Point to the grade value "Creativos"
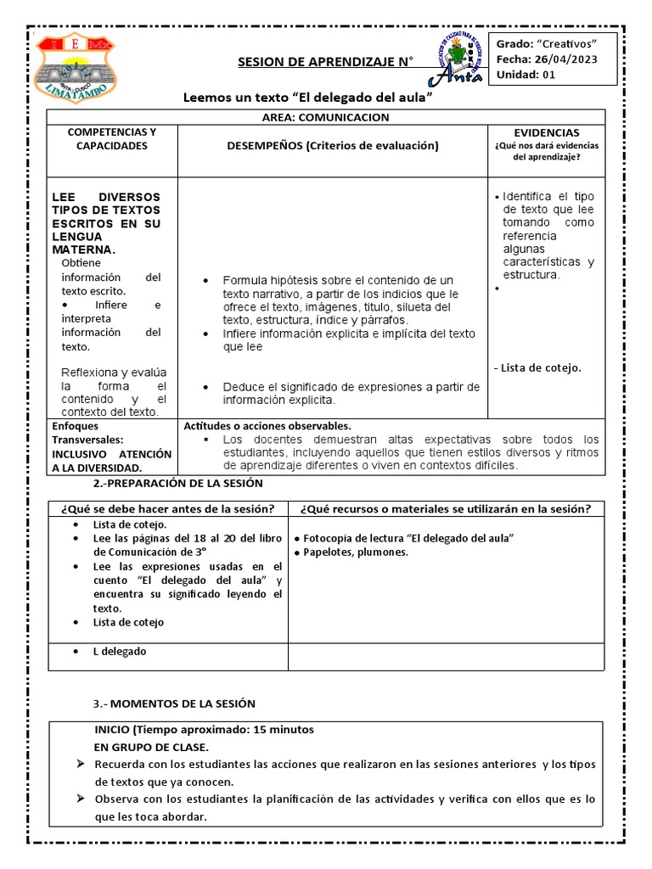566,44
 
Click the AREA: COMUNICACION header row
326,117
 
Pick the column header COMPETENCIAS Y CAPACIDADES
111,139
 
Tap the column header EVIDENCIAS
546,133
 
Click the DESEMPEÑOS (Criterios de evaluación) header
332,146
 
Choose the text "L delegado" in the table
120,651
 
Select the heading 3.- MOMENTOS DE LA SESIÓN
173,704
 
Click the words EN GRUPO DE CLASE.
151,747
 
